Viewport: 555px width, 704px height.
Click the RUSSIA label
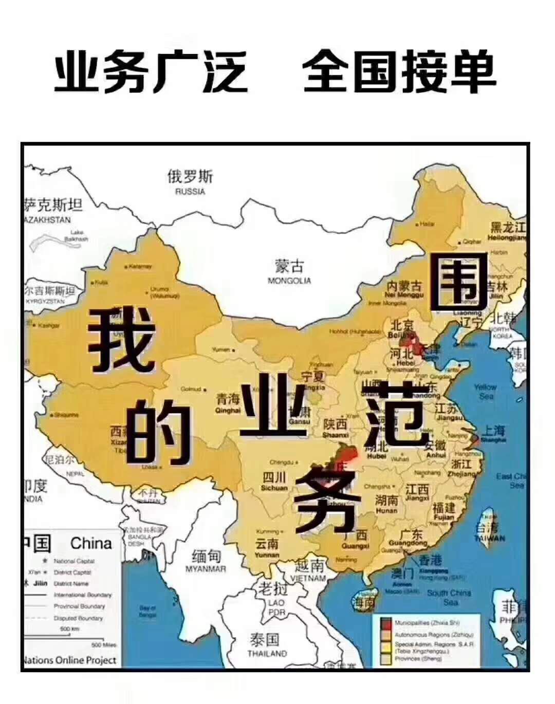coord(190,192)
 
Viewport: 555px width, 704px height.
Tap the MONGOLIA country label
coord(289,281)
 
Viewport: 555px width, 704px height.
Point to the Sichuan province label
coord(274,487)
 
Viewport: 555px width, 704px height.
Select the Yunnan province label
coord(267,554)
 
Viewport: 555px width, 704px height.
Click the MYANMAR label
coord(206,569)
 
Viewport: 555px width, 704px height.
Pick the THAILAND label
coord(267,654)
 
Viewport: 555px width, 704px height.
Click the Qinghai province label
coord(228,410)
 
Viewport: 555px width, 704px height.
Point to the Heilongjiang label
coord(507,238)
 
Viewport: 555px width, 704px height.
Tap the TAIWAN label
coord(489,538)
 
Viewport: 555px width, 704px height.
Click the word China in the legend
coord(91,543)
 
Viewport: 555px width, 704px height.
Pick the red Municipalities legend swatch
coord(386,623)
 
